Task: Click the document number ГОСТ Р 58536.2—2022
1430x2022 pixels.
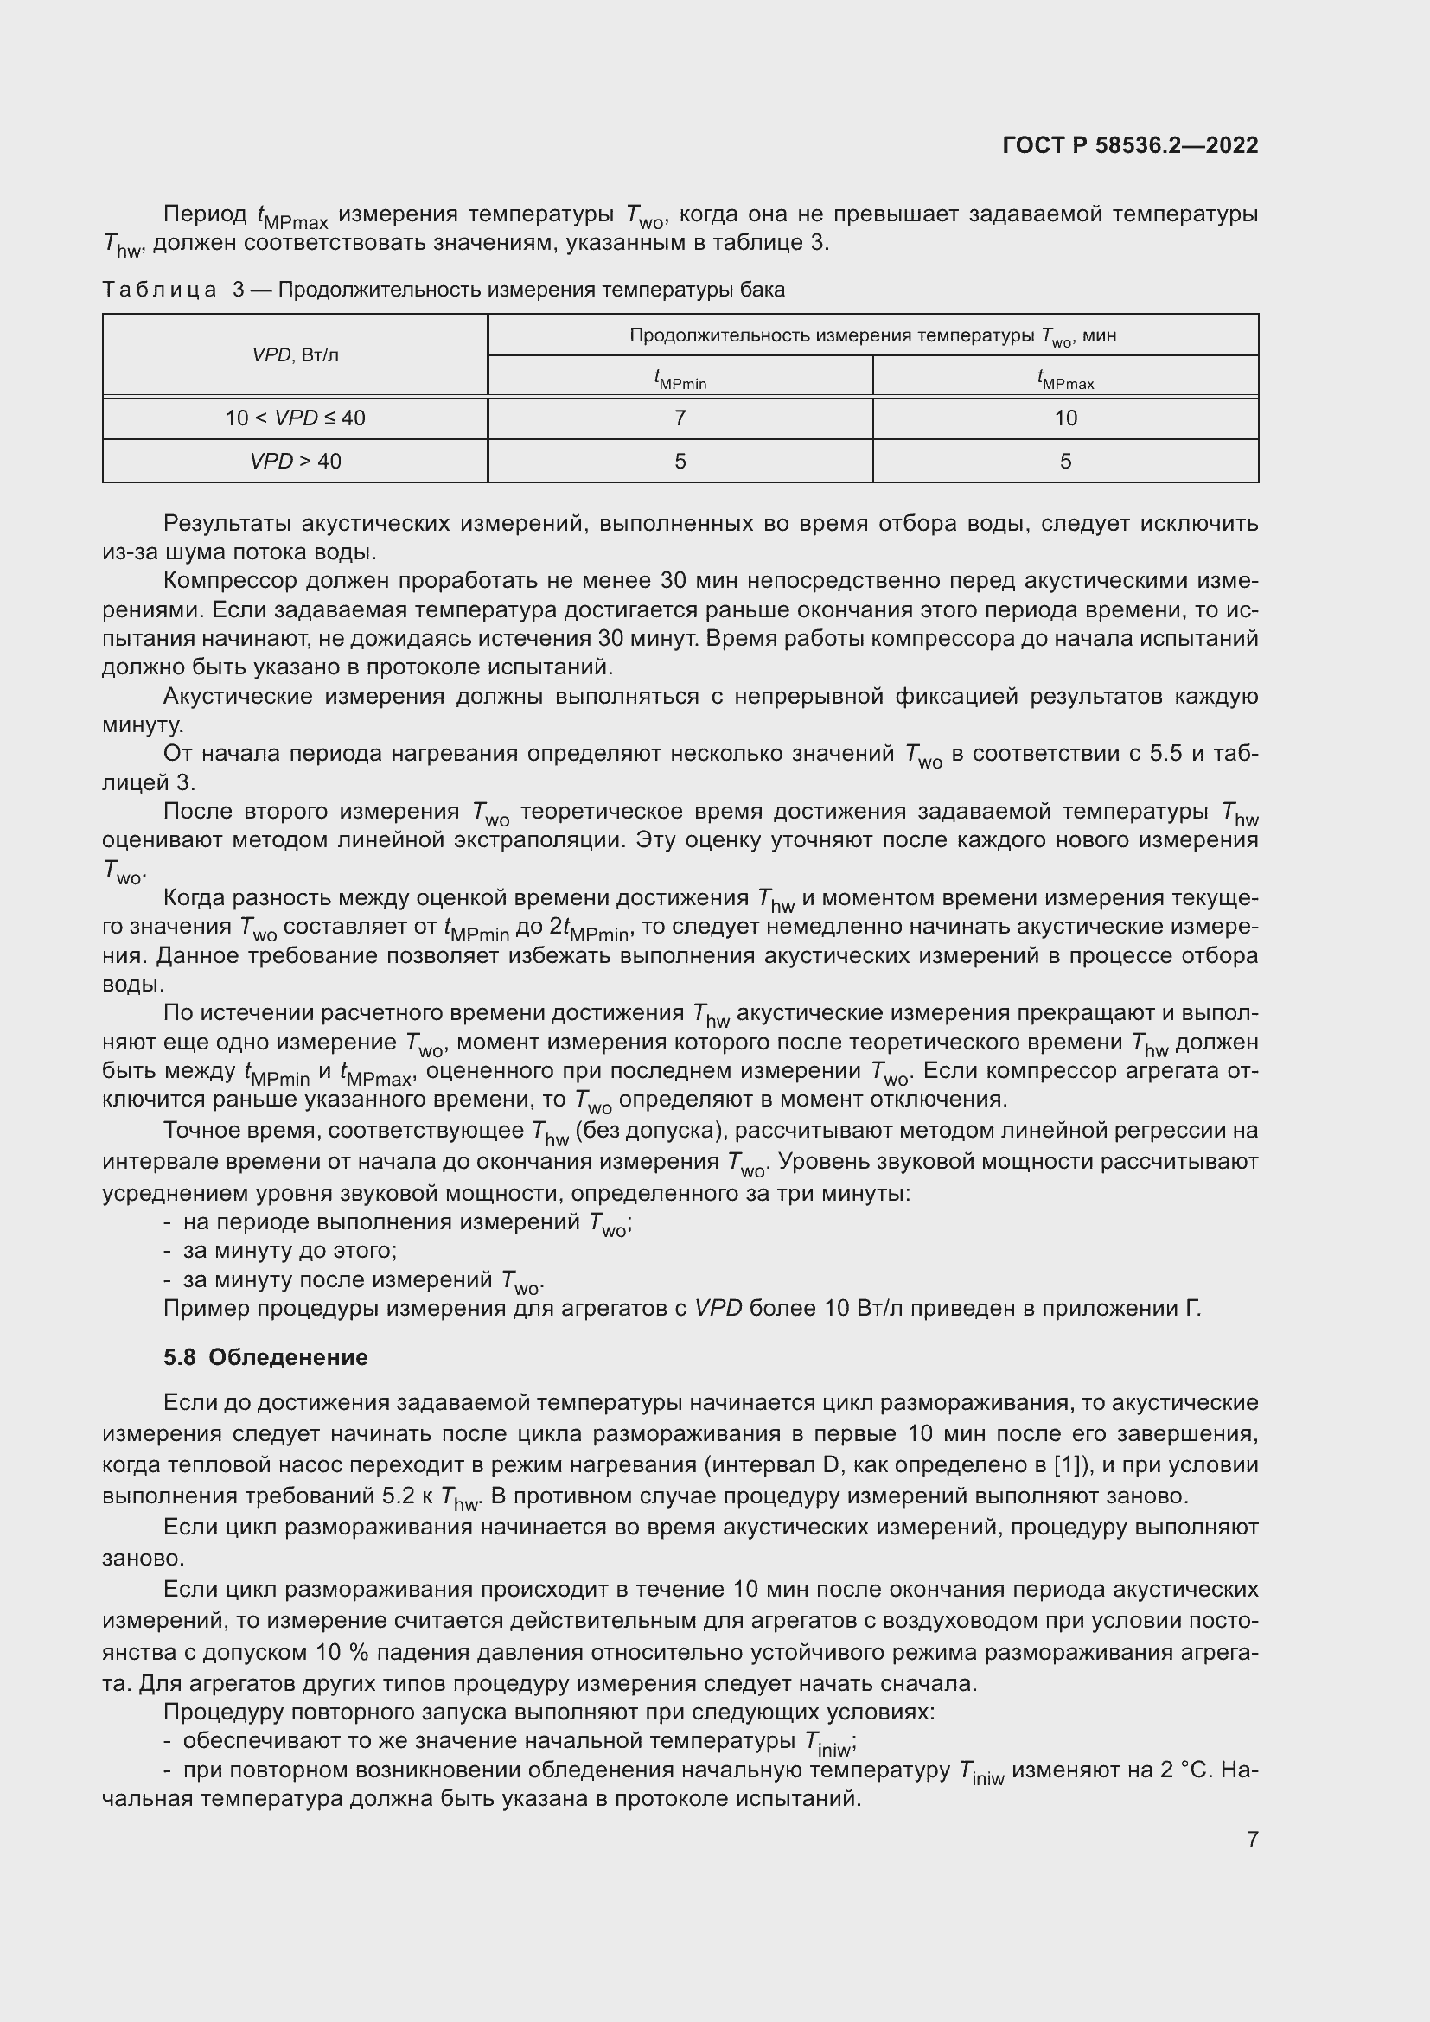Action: pyautogui.click(x=1130, y=145)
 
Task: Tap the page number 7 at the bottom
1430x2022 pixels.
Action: pyautogui.click(x=1252, y=1839)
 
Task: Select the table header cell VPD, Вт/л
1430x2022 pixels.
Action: pyautogui.click(x=295, y=355)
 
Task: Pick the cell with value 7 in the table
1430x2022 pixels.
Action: pyautogui.click(x=680, y=418)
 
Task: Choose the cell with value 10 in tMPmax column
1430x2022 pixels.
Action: pyautogui.click(x=1065, y=418)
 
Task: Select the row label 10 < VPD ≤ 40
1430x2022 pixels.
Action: pyautogui.click(x=295, y=418)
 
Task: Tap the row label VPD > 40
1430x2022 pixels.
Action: pyautogui.click(x=295, y=462)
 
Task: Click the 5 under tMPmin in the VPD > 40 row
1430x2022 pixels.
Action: pyautogui.click(x=680, y=462)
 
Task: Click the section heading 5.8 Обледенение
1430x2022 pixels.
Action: pyautogui.click(x=265, y=1357)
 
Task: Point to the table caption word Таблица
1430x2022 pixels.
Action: pyautogui.click(x=159, y=290)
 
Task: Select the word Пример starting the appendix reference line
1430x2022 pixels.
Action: pyautogui.click(x=206, y=1309)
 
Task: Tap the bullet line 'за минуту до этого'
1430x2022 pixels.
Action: pyautogui.click(x=290, y=1251)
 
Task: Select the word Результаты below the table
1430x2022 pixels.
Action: pyautogui.click(x=227, y=524)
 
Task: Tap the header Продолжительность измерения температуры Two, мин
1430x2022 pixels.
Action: pyautogui.click(x=871, y=335)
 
